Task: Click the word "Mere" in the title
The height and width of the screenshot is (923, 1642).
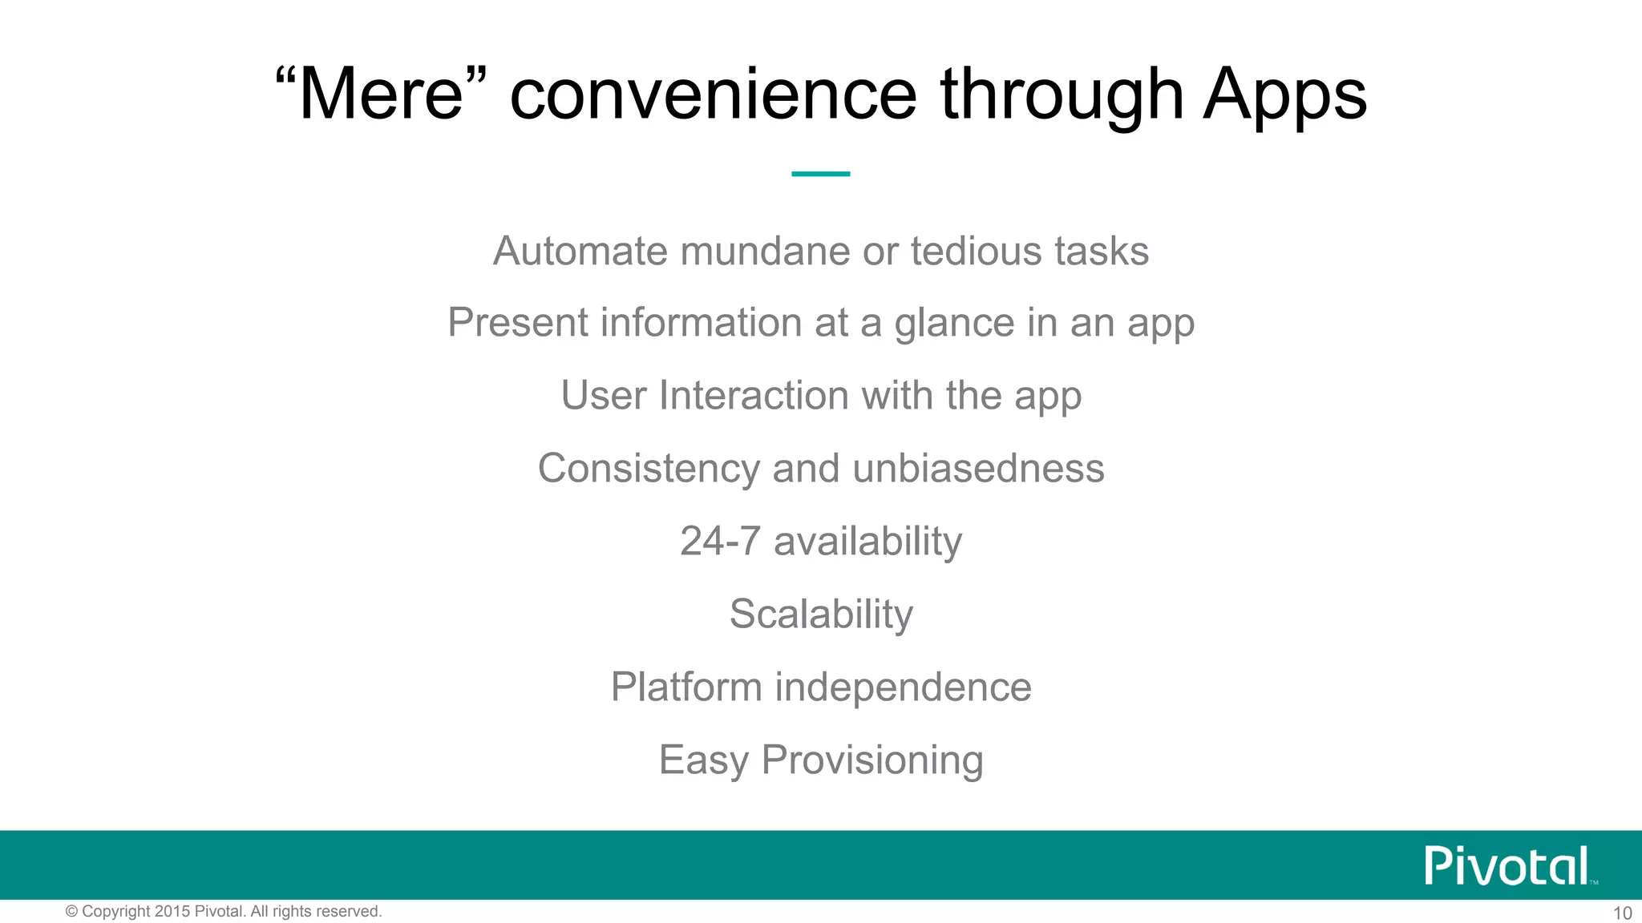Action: (x=380, y=95)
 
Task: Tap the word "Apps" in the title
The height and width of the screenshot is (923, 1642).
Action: (x=1284, y=95)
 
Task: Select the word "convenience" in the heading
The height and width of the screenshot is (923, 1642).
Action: (x=713, y=95)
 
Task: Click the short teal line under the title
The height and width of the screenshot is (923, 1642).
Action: (x=820, y=173)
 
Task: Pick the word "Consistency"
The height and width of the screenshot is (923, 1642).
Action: (x=648, y=469)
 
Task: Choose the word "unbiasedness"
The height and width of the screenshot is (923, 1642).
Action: (x=978, y=469)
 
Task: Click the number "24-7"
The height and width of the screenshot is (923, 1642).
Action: (x=719, y=542)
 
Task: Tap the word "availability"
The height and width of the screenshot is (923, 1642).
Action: (x=868, y=542)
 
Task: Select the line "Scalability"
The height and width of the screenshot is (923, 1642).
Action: (x=821, y=615)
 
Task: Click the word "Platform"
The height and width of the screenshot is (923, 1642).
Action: (x=686, y=687)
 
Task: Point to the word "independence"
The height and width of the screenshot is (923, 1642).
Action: (x=903, y=687)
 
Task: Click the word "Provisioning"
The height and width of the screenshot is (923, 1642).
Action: (x=872, y=760)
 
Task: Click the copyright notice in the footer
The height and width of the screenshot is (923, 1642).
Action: (x=224, y=912)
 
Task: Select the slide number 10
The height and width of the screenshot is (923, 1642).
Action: (x=1621, y=913)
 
